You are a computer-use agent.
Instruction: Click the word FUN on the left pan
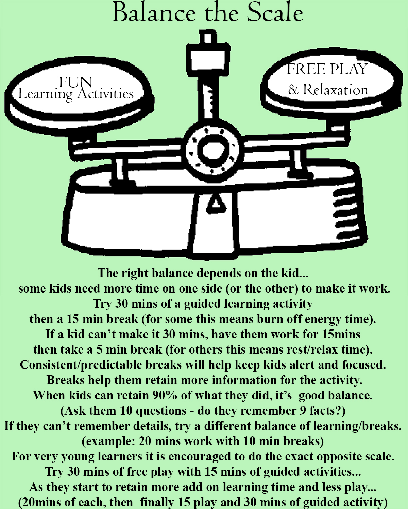[75, 82]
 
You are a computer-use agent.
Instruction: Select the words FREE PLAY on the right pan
[327, 69]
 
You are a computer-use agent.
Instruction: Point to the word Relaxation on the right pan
[335, 90]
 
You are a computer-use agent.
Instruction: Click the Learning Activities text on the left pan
[76, 94]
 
